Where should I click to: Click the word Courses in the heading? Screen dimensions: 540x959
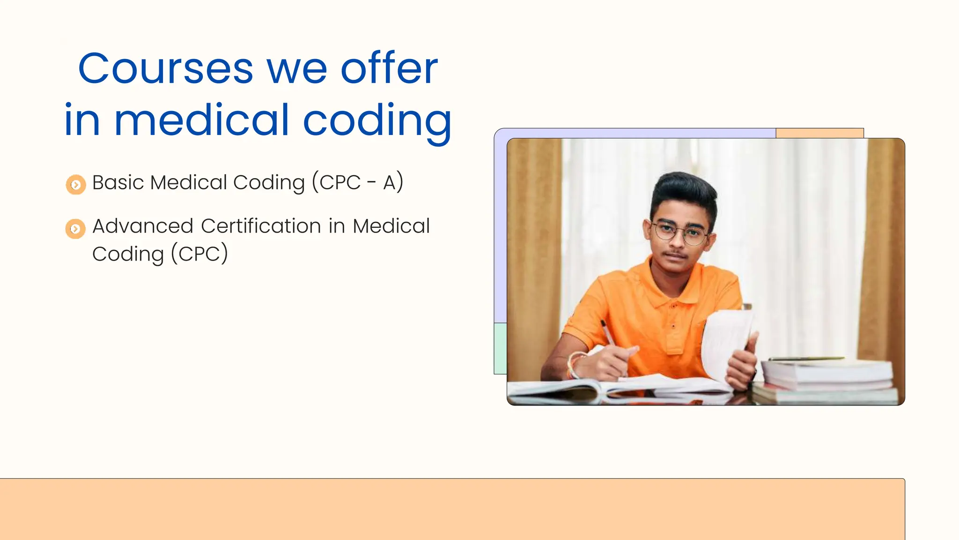165,69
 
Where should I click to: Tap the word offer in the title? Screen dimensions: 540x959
389,69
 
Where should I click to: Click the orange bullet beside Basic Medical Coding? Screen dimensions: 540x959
76,185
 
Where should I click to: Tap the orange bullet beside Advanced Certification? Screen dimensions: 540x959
75,229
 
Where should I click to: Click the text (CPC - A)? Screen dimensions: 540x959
357,182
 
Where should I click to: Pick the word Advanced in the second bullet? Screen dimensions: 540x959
142,226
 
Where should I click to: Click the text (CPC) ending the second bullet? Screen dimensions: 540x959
199,254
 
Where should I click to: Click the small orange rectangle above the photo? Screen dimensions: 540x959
819,133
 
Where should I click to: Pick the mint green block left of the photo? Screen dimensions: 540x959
500,348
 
